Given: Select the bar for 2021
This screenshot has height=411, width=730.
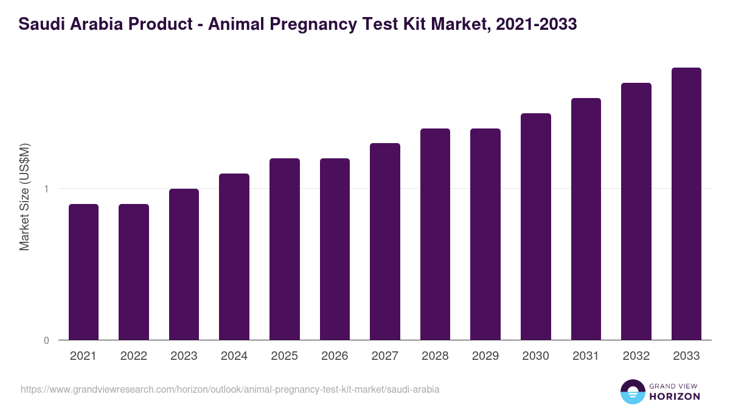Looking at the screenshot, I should tap(83, 272).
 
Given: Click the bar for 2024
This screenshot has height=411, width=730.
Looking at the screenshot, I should tap(234, 257).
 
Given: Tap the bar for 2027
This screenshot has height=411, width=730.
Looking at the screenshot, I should tap(385, 242).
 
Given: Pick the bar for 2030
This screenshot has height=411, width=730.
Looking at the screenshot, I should tap(536, 227).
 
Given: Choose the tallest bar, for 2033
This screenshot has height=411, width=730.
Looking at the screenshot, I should tap(686, 204).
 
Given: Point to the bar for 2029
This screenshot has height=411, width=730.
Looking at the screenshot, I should tap(485, 234).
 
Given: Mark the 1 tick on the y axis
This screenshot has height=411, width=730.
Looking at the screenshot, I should tap(46, 189).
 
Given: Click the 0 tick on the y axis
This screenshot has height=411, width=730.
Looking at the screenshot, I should tap(46, 340).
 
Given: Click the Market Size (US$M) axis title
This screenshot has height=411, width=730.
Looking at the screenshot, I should tap(25, 197).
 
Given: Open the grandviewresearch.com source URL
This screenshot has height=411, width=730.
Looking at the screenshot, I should tap(230, 389).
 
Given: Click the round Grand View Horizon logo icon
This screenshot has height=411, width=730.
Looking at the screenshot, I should tap(633, 392).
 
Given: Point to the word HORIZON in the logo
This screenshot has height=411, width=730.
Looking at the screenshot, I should tap(675, 396).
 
